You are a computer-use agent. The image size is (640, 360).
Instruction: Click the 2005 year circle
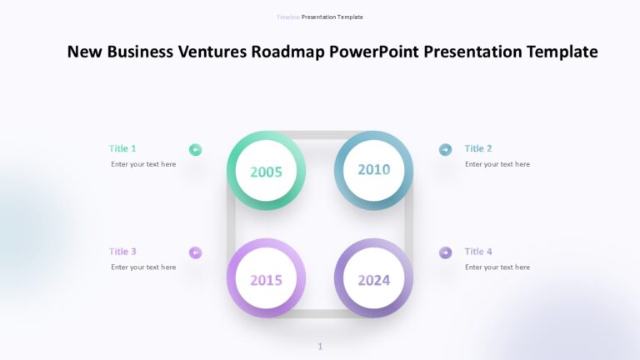(266, 172)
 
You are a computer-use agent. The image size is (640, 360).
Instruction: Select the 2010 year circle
(374, 170)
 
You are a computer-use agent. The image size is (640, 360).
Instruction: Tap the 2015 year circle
(266, 279)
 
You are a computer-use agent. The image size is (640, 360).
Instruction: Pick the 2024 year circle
(374, 279)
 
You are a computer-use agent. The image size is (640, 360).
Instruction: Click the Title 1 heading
(122, 148)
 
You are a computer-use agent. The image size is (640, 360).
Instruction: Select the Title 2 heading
(478, 148)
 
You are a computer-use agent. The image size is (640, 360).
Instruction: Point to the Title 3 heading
(122, 252)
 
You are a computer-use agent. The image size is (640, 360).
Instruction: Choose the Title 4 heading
(478, 252)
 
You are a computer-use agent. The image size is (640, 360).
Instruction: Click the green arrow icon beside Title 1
(196, 150)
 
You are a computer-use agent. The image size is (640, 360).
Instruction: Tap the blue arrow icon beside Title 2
(446, 150)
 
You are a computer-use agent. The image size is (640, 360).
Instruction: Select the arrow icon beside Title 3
(196, 252)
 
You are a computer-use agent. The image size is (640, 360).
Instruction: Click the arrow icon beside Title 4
(446, 252)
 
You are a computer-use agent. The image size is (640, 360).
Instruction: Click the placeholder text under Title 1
(143, 164)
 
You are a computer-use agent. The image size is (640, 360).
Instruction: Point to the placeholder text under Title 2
(497, 164)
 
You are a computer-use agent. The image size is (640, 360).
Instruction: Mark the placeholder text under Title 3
(143, 267)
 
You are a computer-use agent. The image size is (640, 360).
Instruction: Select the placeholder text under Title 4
(497, 267)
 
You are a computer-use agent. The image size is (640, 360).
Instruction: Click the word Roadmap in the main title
(288, 52)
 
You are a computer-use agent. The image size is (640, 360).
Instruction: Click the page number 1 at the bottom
(320, 347)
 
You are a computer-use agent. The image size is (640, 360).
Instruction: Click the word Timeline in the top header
(288, 17)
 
